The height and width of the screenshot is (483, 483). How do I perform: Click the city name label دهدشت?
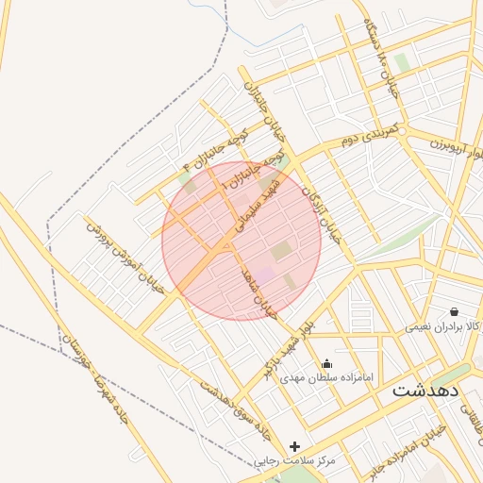coord(425,390)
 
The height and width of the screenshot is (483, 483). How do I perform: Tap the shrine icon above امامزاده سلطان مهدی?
coord(327,364)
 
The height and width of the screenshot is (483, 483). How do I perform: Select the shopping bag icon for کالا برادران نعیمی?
coord(455,311)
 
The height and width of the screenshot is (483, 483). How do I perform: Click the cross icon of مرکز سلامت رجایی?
coord(295,446)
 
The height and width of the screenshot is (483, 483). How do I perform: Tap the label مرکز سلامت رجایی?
coord(295,461)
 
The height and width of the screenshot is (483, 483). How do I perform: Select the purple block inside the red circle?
coord(267,274)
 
